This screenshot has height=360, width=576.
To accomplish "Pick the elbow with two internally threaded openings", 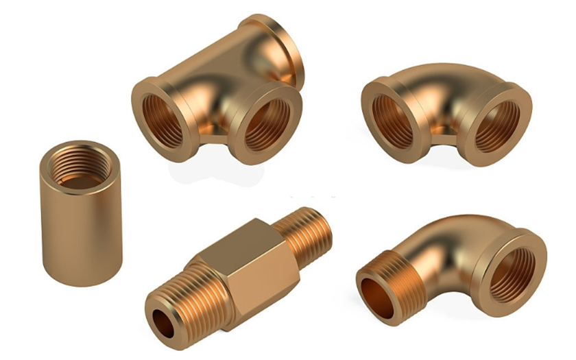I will (x=446, y=110).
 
